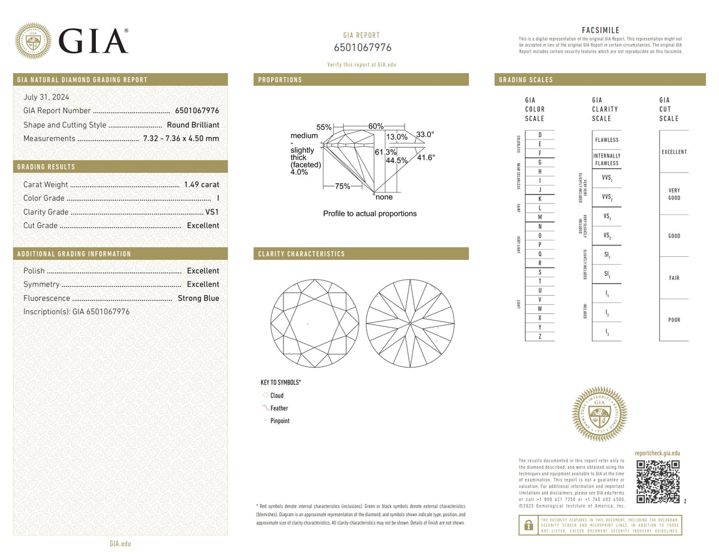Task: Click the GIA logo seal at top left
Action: (x=33, y=41)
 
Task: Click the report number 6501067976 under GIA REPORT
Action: (x=362, y=48)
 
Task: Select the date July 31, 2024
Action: (x=46, y=97)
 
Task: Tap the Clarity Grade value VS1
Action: (x=212, y=212)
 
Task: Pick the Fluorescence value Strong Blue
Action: (x=198, y=298)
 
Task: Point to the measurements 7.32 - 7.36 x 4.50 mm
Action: (x=181, y=138)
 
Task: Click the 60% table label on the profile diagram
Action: (x=376, y=126)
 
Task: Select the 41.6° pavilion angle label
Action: (x=426, y=157)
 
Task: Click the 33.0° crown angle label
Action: (x=425, y=135)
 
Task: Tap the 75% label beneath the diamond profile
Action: (x=343, y=186)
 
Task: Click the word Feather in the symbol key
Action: (x=279, y=408)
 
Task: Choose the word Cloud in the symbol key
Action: (x=277, y=396)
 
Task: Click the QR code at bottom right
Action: (x=658, y=482)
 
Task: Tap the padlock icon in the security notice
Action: (x=528, y=525)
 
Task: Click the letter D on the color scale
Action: (x=540, y=135)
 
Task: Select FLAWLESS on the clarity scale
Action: (x=607, y=140)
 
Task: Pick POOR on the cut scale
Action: (x=674, y=320)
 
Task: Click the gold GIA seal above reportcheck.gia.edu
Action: (x=600, y=414)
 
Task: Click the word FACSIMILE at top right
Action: (x=600, y=30)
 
